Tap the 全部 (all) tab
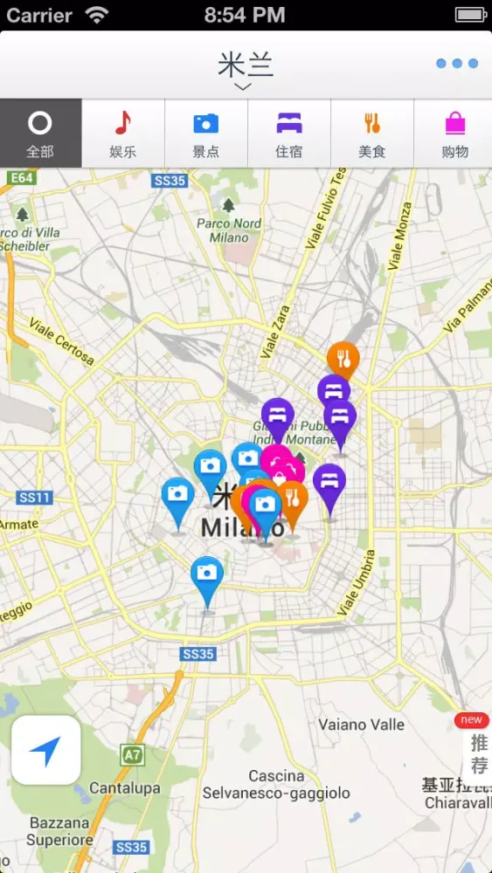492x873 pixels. [40, 134]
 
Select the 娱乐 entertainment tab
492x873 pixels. [123, 134]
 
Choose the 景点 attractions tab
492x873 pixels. [206, 134]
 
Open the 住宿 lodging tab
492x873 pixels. [289, 134]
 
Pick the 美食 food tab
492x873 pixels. [371, 134]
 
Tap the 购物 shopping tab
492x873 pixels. [454, 134]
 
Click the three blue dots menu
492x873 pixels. [457, 64]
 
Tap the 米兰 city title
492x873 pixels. [245, 65]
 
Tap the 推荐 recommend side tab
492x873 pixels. [478, 753]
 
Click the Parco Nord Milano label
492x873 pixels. [228, 230]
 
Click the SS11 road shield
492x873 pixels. [34, 498]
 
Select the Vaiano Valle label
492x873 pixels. [361, 725]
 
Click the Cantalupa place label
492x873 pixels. [125, 788]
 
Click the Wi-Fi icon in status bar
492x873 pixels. [97, 15]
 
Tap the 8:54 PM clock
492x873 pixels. [245, 15]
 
